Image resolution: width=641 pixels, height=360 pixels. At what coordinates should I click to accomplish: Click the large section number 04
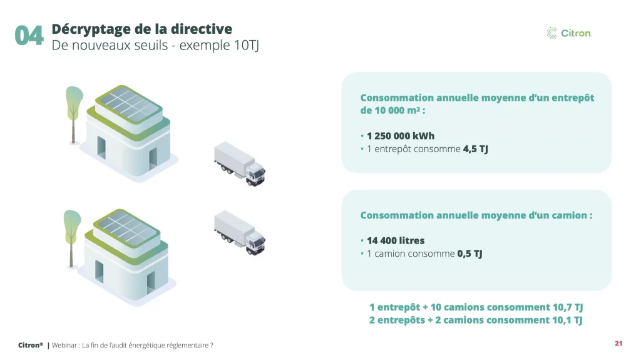[29, 36]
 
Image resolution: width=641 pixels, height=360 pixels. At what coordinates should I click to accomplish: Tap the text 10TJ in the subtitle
[247, 46]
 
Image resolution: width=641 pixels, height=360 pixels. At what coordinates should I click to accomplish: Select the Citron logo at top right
[569, 33]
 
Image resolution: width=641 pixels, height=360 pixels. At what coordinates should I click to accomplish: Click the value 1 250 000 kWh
[401, 136]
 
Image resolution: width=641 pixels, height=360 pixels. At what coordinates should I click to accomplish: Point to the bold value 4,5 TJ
[476, 149]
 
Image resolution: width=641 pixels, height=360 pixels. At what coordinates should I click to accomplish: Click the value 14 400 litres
[396, 240]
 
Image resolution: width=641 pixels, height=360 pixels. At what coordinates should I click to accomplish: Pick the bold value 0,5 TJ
[469, 254]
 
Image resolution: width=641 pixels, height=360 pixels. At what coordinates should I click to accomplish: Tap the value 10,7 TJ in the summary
[568, 307]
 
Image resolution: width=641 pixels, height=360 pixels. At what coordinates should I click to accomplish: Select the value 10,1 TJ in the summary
[567, 320]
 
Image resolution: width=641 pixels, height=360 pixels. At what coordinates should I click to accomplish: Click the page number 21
[618, 344]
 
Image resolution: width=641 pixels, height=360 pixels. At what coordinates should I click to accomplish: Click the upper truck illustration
[240, 164]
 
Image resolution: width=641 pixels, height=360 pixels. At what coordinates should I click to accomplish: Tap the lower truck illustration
[240, 233]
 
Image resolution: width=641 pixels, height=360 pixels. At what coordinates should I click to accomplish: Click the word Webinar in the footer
[64, 345]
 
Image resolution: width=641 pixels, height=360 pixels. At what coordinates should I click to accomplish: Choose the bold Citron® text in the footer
[31, 345]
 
